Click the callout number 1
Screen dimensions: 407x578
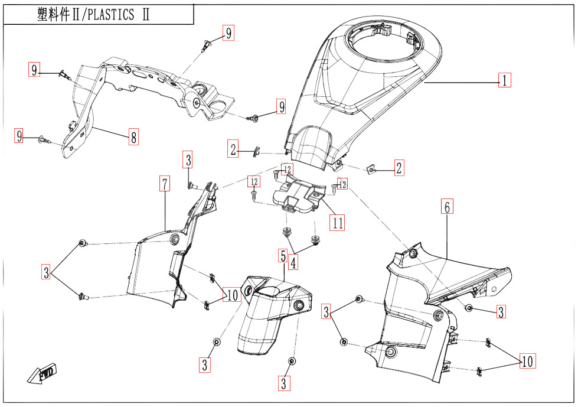(x=504, y=80)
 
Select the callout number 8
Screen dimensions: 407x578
(x=134, y=138)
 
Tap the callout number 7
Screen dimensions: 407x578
(x=164, y=184)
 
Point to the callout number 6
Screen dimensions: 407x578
(x=447, y=207)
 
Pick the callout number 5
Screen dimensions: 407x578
(x=283, y=256)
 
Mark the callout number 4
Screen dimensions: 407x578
(x=293, y=261)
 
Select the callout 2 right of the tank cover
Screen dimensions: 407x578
(x=399, y=168)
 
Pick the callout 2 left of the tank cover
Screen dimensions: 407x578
(x=234, y=149)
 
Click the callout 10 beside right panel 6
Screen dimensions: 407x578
(x=527, y=361)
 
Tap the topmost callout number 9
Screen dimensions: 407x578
(x=228, y=33)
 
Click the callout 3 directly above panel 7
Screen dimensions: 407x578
(x=188, y=159)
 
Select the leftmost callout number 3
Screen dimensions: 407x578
(x=46, y=272)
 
